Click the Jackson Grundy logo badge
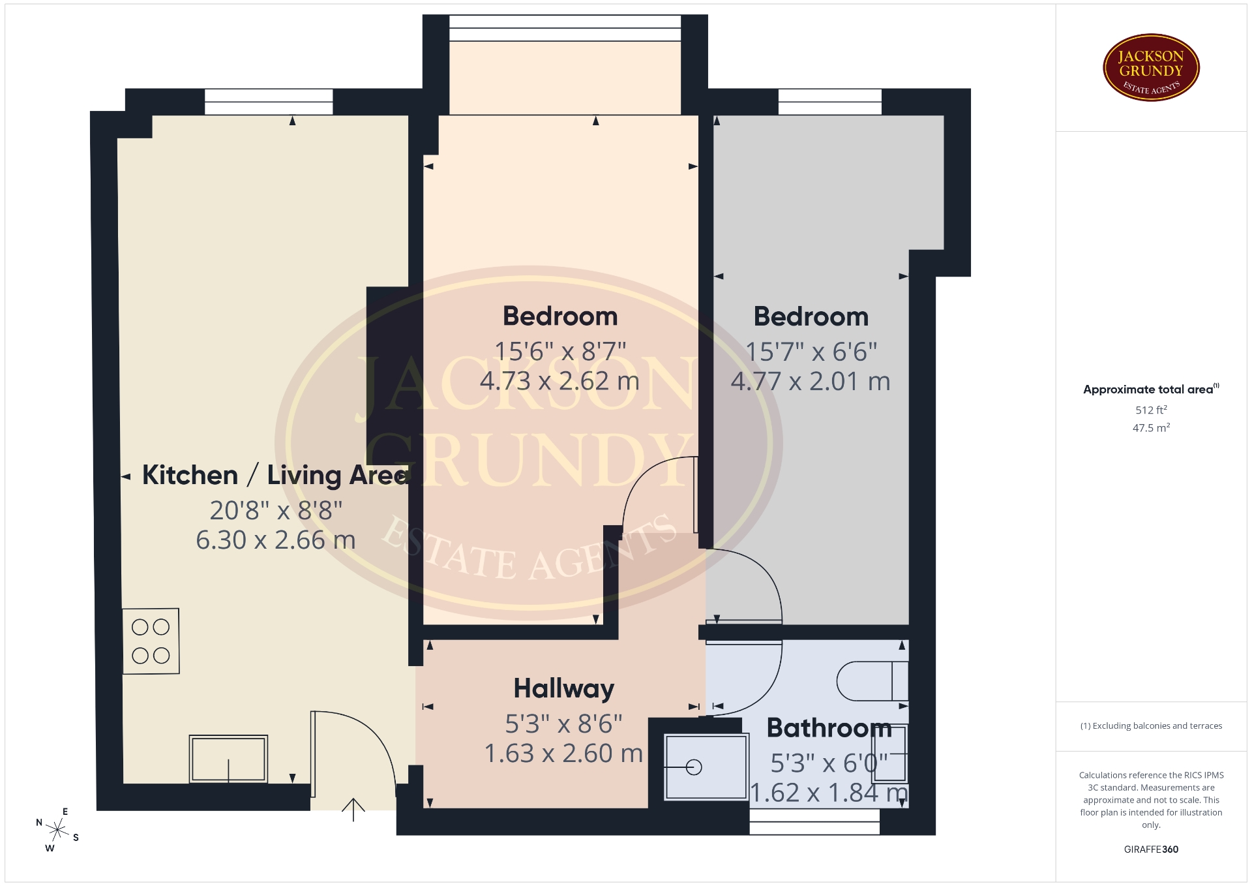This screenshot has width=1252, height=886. (x=1151, y=68)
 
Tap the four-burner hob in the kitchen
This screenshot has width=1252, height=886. (x=151, y=641)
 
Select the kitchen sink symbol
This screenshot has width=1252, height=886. (x=228, y=759)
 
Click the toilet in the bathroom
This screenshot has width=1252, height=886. (x=872, y=680)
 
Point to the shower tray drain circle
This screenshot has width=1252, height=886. (x=694, y=767)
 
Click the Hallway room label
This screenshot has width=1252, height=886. (x=564, y=689)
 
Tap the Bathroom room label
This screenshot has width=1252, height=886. (x=829, y=727)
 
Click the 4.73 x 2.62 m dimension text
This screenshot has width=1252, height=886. (x=559, y=381)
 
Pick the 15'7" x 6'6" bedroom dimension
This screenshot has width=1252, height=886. (x=811, y=352)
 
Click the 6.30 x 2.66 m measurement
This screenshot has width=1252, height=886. (x=276, y=540)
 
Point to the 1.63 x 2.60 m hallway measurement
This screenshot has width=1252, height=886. (x=563, y=754)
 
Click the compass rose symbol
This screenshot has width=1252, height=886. (x=57, y=830)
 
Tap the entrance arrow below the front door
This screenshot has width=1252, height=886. (x=353, y=810)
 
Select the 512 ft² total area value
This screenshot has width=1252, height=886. (x=1151, y=410)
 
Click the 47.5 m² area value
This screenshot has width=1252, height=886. (x=1151, y=427)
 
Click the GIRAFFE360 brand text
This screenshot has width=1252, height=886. (x=1151, y=849)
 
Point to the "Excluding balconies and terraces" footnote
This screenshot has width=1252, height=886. (x=1151, y=726)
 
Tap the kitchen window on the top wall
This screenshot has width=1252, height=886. (x=269, y=102)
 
